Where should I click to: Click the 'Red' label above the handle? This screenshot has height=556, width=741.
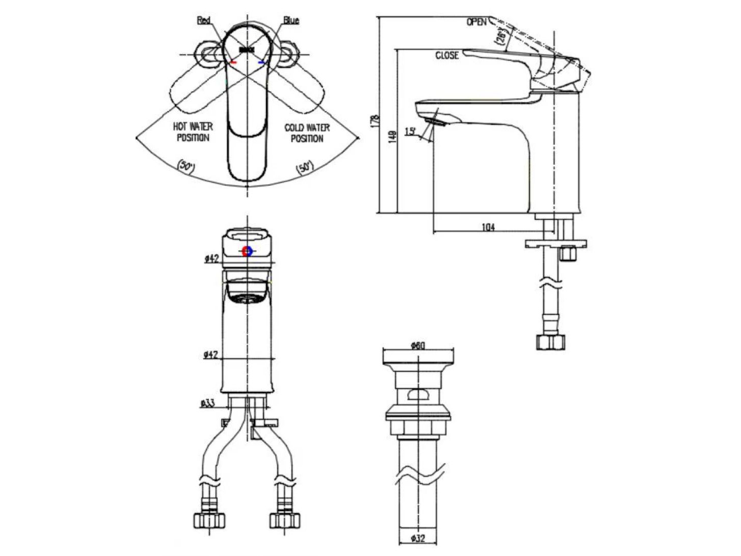coord(204,20)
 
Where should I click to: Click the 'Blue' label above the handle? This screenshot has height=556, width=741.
coord(291,20)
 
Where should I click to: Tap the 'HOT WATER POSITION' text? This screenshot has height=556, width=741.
coord(194,132)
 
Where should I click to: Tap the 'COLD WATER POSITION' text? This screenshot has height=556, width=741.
coord(307,133)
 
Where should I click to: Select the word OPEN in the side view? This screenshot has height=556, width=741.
coord(477,22)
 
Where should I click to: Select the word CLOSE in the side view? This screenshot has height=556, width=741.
coord(447,55)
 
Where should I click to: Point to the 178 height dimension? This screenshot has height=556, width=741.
coord(376,120)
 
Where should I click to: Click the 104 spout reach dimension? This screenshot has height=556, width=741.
coord(488,228)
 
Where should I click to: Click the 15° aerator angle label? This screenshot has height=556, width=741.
coord(410,132)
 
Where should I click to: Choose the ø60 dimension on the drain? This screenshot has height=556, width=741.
coord(418,346)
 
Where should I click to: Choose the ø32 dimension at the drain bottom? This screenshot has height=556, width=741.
coord(418,537)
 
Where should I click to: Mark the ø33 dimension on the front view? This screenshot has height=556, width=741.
coord(208,403)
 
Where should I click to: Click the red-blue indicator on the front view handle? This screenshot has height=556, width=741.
coord(247,251)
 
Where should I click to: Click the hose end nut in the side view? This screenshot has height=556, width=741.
coord(551,341)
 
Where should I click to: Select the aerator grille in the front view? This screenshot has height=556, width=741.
coord(247,298)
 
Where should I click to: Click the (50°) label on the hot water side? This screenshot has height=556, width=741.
coord(184,166)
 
